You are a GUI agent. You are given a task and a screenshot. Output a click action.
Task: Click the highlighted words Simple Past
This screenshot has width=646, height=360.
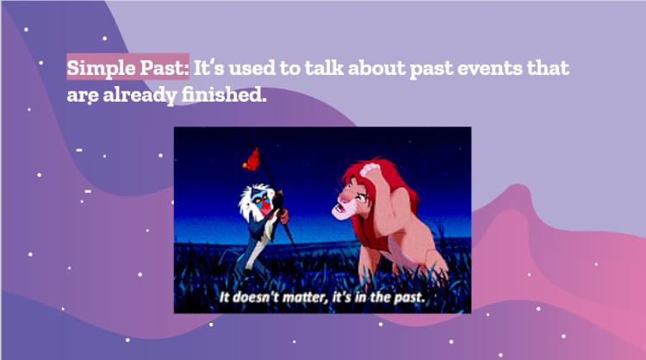pos(127,67)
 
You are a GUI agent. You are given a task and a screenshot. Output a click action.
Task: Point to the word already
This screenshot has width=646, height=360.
pos(140,95)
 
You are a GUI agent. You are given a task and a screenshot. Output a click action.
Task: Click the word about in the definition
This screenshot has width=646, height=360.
pos(376,67)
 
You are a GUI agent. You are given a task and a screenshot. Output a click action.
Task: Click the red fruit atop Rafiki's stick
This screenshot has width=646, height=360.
pos(252,160)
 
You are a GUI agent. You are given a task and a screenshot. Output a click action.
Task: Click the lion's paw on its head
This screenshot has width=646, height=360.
pos(371,171)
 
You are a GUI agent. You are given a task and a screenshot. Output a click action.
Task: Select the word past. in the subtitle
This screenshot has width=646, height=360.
pos(408,297)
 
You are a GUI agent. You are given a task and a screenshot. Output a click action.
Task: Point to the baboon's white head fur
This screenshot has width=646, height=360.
pos(249,201)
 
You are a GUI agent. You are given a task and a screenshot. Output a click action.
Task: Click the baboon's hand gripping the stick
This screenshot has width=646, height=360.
pos(283,214)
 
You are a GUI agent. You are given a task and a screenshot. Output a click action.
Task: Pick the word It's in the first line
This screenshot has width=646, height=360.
pos(209,67)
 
